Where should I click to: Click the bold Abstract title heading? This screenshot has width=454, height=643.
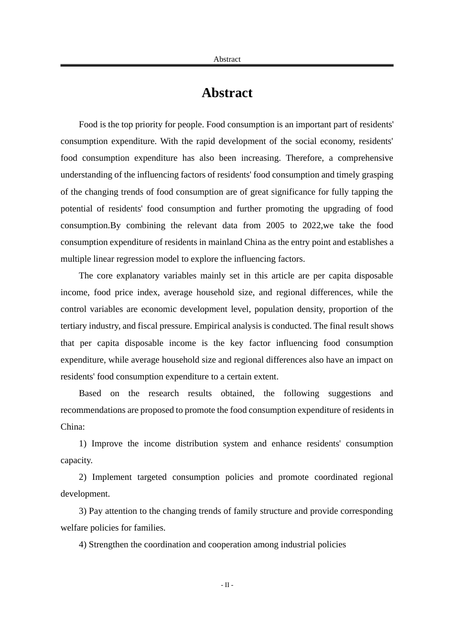[x=227, y=93]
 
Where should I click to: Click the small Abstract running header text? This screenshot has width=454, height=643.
[x=227, y=59]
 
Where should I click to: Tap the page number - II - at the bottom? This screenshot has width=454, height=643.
[x=227, y=585]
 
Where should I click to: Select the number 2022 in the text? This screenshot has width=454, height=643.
[x=312, y=225]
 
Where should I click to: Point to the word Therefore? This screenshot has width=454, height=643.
[x=305, y=158]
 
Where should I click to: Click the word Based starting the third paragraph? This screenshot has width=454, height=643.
[x=90, y=393]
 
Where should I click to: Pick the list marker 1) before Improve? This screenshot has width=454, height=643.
[x=83, y=443]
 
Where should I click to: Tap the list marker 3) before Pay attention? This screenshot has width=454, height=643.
[x=83, y=511]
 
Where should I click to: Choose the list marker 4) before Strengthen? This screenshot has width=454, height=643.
[x=83, y=544]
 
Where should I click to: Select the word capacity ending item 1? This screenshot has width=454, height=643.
[x=76, y=460]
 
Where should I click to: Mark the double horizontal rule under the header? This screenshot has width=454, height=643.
[x=227, y=65]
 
